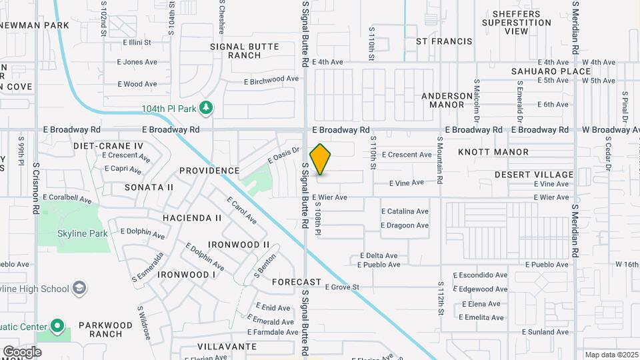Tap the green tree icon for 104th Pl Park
[206, 107]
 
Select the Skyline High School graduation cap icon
[79, 288]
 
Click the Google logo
[22, 351]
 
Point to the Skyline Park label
[73, 234]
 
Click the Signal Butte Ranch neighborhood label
[245, 51]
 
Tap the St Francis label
[444, 41]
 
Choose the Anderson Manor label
[451, 100]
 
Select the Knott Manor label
[493, 152]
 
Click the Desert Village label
[533, 175]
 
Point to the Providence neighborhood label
[209, 171]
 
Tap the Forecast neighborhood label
[297, 282]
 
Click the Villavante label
[227, 347]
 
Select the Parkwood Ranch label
[105, 329]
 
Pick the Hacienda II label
[192, 218]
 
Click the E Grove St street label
[342, 287]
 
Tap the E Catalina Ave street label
[405, 211]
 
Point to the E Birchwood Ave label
[271, 80]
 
